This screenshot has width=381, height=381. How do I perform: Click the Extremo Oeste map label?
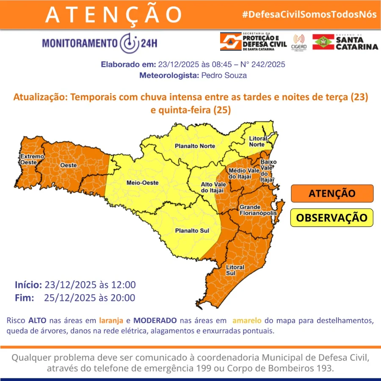(32, 159)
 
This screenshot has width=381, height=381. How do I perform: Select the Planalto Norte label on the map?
(195, 146)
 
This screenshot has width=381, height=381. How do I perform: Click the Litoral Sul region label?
(235, 270)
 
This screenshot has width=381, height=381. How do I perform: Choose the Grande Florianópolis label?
(258, 210)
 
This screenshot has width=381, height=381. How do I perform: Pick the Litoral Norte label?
(258, 141)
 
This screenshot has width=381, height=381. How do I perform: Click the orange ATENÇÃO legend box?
(332, 193)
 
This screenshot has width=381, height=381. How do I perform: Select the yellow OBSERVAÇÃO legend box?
(332, 218)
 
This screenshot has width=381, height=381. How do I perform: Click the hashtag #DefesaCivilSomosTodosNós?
(309, 14)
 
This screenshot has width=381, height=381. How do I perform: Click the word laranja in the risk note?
(112, 320)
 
